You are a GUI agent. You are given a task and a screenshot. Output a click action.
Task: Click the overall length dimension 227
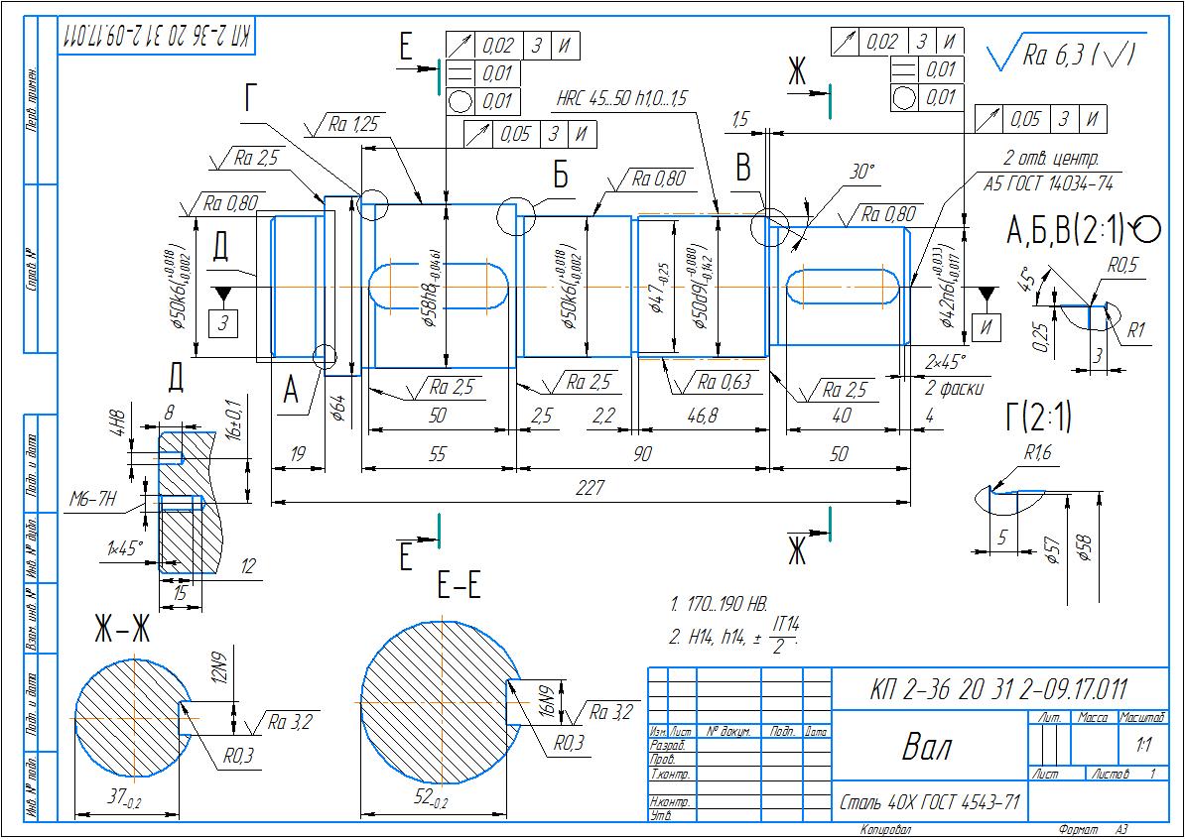point(592,489)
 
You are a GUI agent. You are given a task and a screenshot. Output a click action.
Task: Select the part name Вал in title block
point(926,747)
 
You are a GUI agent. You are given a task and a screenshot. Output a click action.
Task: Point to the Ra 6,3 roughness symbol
point(1067,57)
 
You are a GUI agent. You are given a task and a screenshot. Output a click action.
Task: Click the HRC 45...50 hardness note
point(621,98)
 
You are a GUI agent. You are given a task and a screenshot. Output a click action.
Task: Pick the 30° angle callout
point(861,172)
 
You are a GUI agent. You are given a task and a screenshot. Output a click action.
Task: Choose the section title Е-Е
point(459,587)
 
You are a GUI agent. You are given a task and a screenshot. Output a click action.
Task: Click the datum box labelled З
point(223,323)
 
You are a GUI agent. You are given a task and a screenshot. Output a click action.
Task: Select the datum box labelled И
point(987,324)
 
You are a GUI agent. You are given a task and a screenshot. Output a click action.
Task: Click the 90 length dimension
point(642,453)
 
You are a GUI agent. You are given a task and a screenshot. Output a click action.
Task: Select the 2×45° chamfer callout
point(944,360)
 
